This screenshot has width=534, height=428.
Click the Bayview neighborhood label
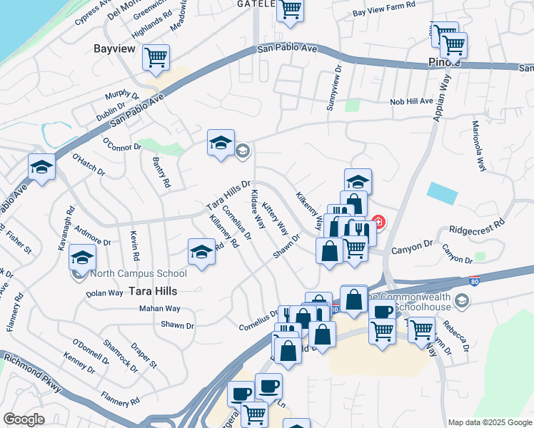click(114, 49)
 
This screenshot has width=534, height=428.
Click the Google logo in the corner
click(24, 419)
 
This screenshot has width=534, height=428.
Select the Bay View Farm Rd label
click(384, 13)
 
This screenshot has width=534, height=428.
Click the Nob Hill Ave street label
click(411, 102)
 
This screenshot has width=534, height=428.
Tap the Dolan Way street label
click(104, 293)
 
